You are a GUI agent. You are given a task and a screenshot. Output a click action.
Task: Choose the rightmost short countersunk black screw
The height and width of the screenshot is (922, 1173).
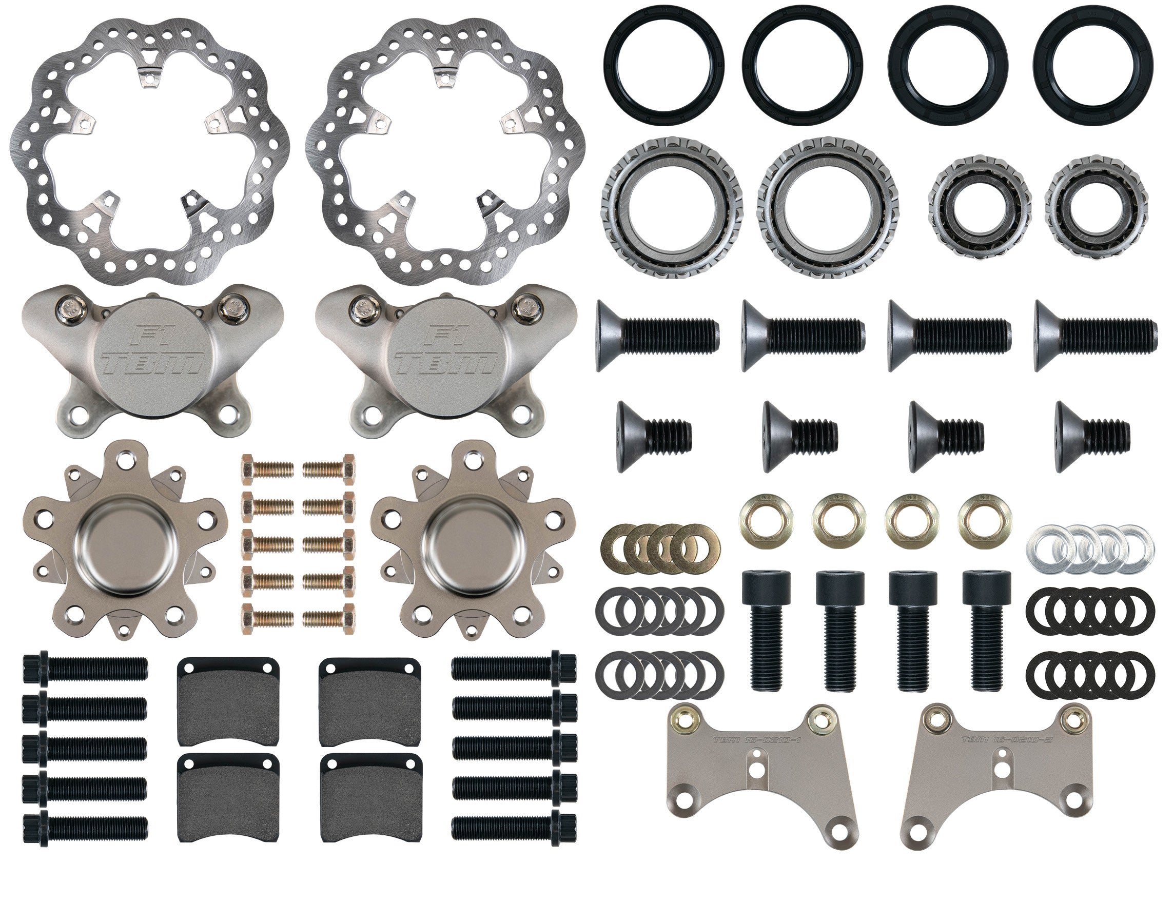1092,436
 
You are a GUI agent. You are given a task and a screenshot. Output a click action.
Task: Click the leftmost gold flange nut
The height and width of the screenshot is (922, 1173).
766,520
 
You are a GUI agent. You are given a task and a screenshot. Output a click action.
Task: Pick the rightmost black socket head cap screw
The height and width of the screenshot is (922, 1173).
986,630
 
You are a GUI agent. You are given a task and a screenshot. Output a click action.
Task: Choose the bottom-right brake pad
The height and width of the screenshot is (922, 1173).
370,797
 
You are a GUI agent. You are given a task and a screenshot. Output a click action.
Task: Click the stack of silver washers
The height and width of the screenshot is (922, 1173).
1089,549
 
